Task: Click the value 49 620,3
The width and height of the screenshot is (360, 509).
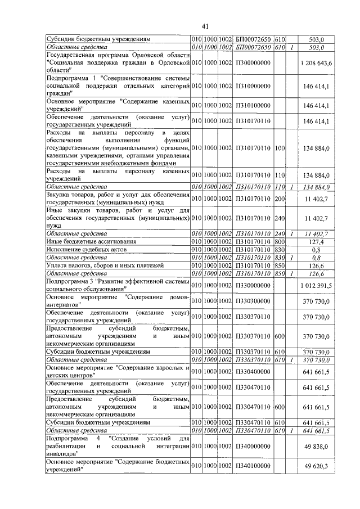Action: point(319,466)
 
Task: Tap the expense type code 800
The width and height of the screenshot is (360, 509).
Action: point(280,241)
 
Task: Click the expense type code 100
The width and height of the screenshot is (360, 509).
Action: point(280,147)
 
